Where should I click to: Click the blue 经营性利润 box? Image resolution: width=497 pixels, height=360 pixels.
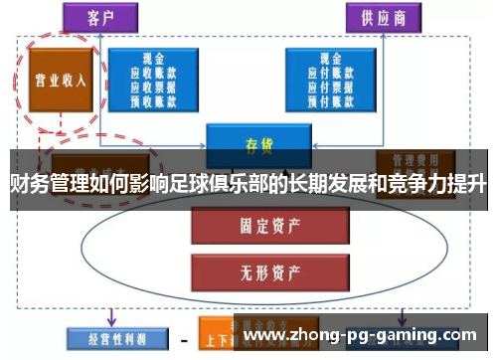105,336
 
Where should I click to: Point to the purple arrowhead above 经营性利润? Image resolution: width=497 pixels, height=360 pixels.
110,318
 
